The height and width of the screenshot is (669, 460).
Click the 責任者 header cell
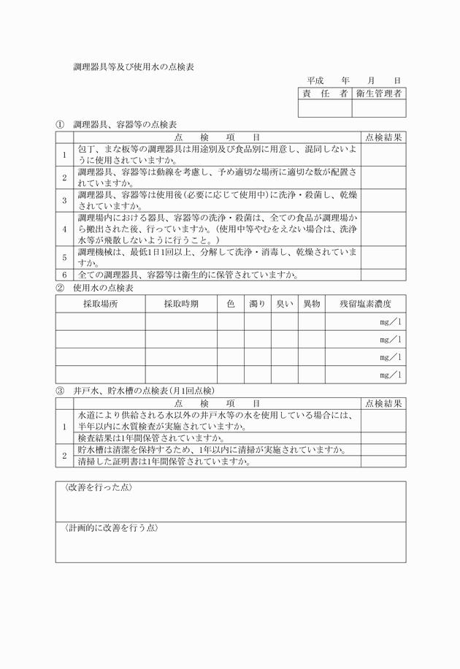click(325, 93)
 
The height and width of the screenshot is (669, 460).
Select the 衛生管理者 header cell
click(378, 93)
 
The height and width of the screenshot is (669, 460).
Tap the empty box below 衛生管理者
click(378, 108)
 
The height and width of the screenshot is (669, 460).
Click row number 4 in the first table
click(64, 229)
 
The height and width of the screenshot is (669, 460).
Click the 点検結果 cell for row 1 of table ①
click(383, 154)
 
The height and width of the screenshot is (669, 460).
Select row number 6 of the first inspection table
click(64, 275)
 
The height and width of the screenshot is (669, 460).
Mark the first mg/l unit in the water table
click(390, 322)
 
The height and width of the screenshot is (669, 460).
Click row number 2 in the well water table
click(64, 456)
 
